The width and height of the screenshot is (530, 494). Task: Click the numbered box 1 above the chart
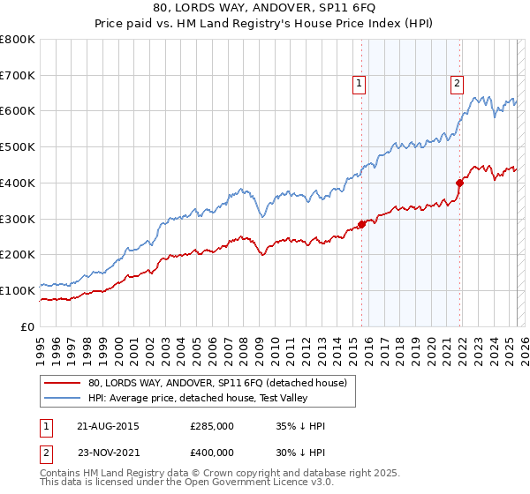pyautogui.click(x=360, y=84)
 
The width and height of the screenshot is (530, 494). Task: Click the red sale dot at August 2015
pyautogui.click(x=362, y=223)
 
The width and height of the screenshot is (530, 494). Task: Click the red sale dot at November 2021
pyautogui.click(x=460, y=183)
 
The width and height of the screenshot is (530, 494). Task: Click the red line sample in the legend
pyautogui.click(x=63, y=383)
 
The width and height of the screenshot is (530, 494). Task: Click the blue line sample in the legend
pyautogui.click(x=63, y=398)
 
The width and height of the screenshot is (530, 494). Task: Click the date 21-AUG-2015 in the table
pyautogui.click(x=108, y=426)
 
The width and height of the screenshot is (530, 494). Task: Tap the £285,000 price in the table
pyautogui.click(x=212, y=426)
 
